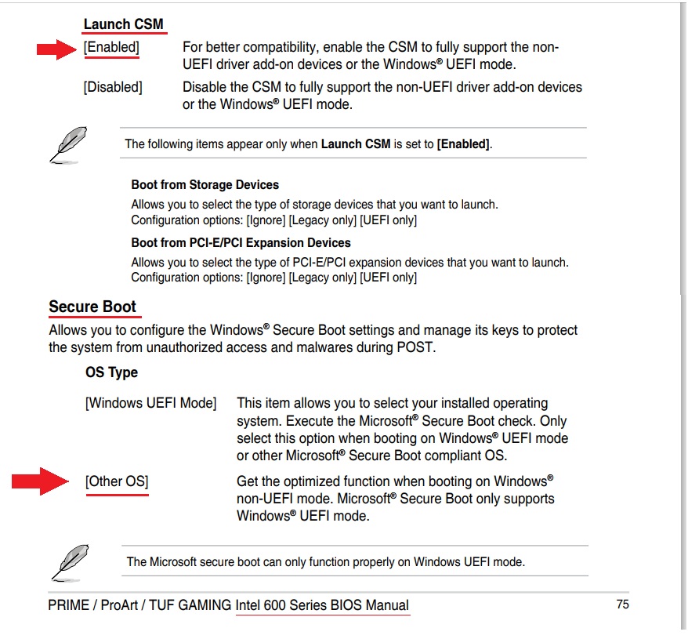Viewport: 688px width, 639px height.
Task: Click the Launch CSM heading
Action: click(x=124, y=24)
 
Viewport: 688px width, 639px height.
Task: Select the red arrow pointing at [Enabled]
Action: click(x=57, y=50)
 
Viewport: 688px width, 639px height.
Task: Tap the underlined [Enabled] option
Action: click(x=110, y=47)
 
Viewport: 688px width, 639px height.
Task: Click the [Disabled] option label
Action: click(x=113, y=87)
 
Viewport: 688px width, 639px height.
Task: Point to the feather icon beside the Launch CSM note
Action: click(x=68, y=145)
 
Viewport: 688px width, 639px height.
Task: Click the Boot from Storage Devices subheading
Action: click(x=205, y=185)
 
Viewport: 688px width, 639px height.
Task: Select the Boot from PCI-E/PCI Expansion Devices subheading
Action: click(x=241, y=243)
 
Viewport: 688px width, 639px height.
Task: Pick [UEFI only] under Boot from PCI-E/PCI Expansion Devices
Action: click(x=388, y=278)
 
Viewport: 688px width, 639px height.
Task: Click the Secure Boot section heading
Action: click(x=92, y=307)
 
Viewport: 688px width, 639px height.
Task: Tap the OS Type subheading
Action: click(x=111, y=372)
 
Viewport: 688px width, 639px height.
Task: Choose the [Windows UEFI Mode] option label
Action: click(x=150, y=403)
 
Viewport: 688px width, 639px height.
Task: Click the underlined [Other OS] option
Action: click(x=117, y=481)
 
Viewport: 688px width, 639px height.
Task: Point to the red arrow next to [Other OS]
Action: click(x=41, y=481)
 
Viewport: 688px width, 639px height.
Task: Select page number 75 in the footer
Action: click(x=622, y=605)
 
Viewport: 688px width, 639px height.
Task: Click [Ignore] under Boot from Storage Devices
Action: click(x=266, y=220)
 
